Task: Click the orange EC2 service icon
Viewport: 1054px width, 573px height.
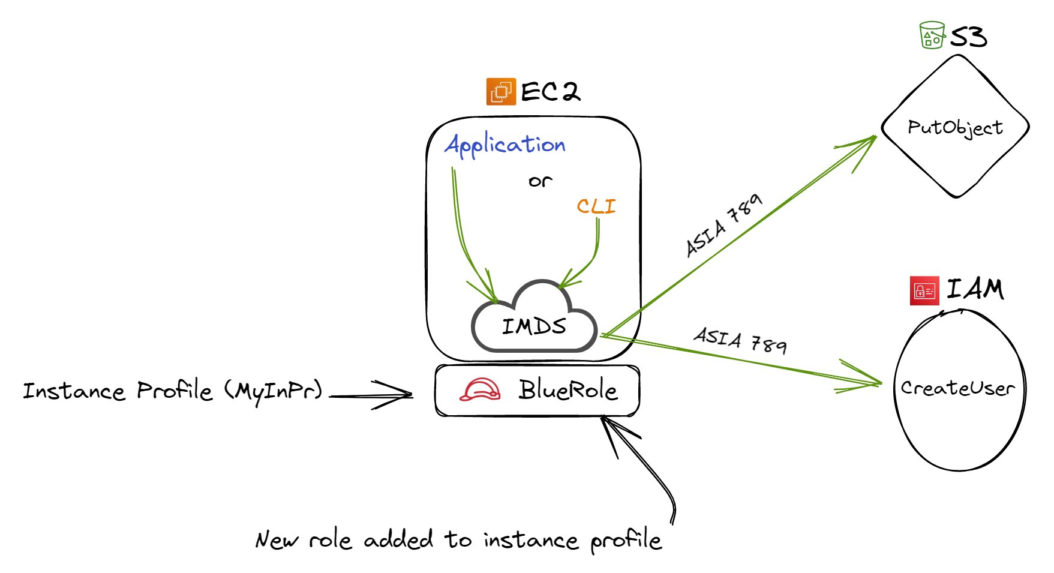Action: pyautogui.click(x=501, y=92)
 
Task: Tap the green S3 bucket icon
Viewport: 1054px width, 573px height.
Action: pyautogui.click(x=932, y=35)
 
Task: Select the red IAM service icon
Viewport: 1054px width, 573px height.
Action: pyautogui.click(x=924, y=291)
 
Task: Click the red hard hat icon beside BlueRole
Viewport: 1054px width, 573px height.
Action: pyautogui.click(x=480, y=390)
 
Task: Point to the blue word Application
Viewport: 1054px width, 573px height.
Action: pyautogui.click(x=505, y=145)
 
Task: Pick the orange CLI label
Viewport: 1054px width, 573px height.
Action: pyautogui.click(x=596, y=206)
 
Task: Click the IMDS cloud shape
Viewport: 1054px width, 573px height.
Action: pyautogui.click(x=534, y=321)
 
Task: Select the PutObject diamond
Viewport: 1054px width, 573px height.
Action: pyautogui.click(x=955, y=127)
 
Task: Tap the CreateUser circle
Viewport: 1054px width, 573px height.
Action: pyautogui.click(x=959, y=389)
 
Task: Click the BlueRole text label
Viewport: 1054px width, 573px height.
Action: pyautogui.click(x=567, y=391)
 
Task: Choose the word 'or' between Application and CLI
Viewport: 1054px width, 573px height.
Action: pyautogui.click(x=540, y=181)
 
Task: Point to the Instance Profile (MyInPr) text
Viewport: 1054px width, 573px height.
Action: pyautogui.click(x=173, y=391)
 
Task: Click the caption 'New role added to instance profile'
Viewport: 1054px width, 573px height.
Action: pyautogui.click(x=459, y=540)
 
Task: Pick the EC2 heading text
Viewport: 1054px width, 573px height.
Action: pyautogui.click(x=550, y=92)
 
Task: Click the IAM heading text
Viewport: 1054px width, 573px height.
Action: pyautogui.click(x=975, y=289)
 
